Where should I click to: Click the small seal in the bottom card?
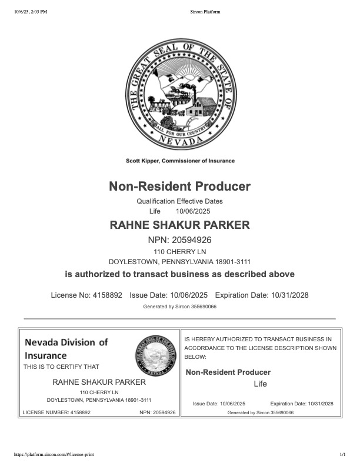[x=155, y=357]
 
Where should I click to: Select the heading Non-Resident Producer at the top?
[x=179, y=187]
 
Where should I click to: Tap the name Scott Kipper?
[x=143, y=161]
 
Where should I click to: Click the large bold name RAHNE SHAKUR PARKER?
[x=179, y=225]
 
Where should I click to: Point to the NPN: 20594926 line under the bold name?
[x=179, y=240]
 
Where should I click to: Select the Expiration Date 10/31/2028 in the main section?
[x=289, y=295]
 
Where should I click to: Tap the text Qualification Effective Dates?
[x=179, y=201]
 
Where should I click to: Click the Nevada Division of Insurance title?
[x=66, y=348]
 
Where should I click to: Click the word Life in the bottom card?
[x=260, y=384]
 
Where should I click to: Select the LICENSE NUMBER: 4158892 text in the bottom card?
[x=56, y=412]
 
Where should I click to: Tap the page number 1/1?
[x=342, y=455]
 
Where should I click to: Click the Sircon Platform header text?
[x=206, y=11]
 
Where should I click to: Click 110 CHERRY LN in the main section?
[x=179, y=252]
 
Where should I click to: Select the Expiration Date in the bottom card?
[x=302, y=404]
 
